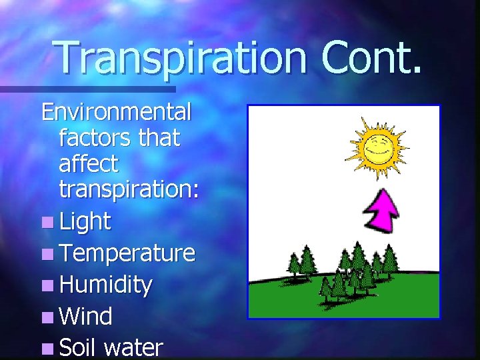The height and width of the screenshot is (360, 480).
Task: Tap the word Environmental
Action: (x=117, y=111)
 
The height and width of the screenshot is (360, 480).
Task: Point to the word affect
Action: (x=88, y=163)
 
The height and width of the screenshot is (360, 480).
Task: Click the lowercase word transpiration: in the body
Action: (x=129, y=190)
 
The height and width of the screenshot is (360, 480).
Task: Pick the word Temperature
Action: (x=127, y=253)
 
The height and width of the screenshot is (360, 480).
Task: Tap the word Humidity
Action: (x=105, y=285)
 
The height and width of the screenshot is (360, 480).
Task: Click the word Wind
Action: (x=85, y=316)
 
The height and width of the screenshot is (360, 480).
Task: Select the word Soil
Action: (x=78, y=347)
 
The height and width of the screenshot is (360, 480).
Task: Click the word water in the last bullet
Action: (x=133, y=348)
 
